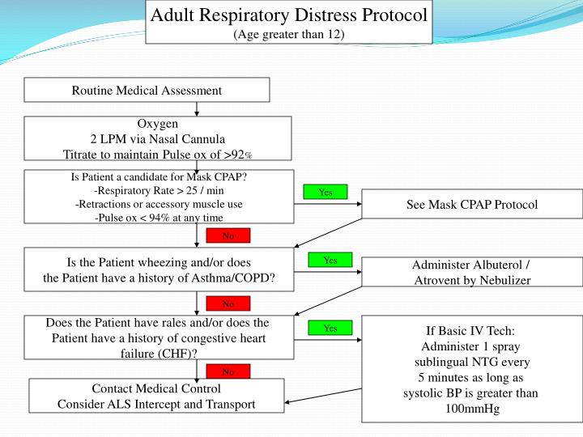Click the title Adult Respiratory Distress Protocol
point(289,15)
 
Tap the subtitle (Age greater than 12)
point(288,34)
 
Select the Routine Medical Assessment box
point(147,90)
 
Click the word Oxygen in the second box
point(158,124)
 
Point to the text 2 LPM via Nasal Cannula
point(158,138)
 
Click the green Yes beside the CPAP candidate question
point(326,193)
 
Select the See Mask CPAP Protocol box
point(471,205)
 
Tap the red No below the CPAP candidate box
point(228,236)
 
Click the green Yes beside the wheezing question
point(330,261)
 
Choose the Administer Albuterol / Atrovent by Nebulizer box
point(471,273)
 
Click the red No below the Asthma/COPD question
point(228,304)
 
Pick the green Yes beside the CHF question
point(330,329)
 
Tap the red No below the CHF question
point(228,372)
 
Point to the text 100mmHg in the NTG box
point(472,408)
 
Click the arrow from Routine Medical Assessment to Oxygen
point(197,109)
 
